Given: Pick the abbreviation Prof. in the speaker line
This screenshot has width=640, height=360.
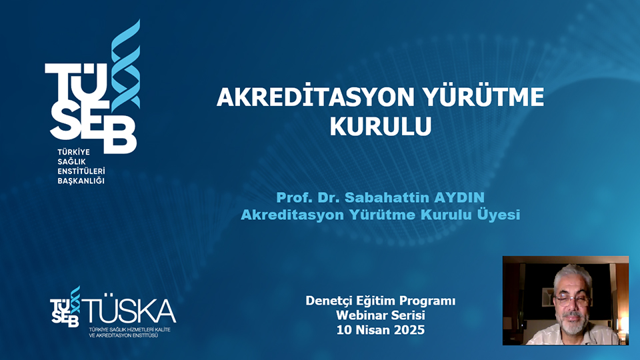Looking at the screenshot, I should (x=292, y=198).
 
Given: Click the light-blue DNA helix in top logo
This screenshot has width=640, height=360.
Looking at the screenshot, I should (x=125, y=67).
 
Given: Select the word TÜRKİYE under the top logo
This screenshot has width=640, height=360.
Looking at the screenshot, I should (x=73, y=152).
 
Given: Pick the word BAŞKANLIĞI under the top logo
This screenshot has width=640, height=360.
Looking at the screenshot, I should (x=82, y=181).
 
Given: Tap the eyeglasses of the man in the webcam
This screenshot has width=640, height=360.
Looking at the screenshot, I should (x=571, y=299).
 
